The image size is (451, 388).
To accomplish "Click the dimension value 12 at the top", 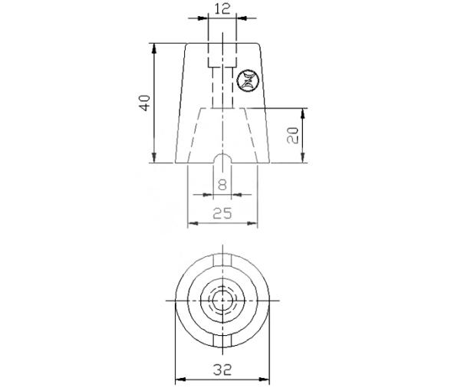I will point(222,8).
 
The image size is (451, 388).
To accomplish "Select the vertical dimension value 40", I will point(143,103).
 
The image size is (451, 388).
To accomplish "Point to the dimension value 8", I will point(222,184).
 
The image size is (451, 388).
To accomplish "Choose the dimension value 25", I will point(222,213).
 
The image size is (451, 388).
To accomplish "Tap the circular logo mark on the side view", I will point(249,79).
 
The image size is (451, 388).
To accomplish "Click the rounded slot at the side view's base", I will point(222,159).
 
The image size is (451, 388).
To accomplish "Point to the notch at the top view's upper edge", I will point(222,258).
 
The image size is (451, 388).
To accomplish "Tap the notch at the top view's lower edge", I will point(222,337).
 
